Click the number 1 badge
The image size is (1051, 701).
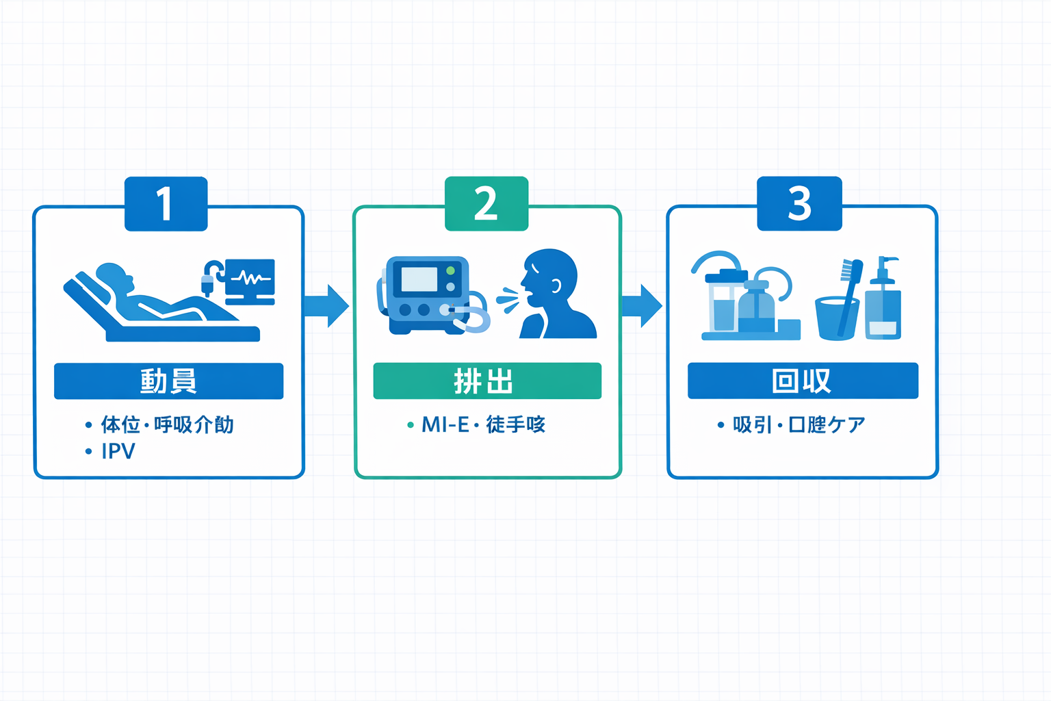tap(166, 203)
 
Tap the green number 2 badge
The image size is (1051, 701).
tap(486, 203)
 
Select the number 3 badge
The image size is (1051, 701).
tap(799, 203)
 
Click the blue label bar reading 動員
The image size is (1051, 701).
tap(168, 381)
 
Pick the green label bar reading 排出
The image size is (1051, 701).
tap(486, 381)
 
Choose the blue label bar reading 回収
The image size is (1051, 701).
tap(802, 381)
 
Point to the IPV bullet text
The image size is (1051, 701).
tap(118, 451)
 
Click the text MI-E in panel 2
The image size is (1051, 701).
tap(445, 424)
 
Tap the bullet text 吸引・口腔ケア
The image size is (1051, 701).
tap(799, 424)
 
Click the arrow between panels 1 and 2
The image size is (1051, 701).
tap(327, 305)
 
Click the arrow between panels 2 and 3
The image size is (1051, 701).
tap(642, 305)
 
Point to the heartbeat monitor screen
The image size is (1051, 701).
tap(250, 278)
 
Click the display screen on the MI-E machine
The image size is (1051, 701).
tap(419, 279)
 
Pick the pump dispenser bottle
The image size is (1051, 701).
tap(883, 301)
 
